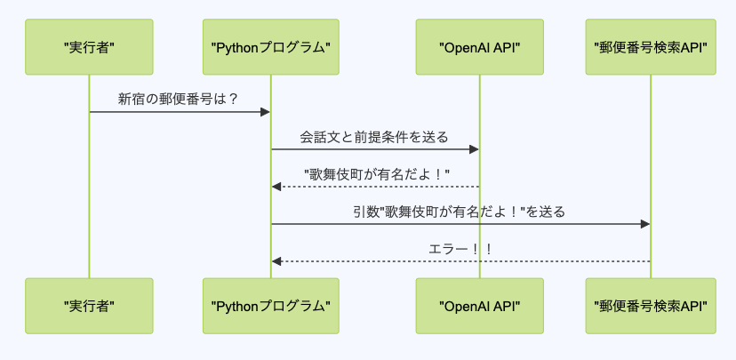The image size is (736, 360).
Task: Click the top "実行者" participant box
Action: tap(89, 46)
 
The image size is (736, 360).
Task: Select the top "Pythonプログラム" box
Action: tap(271, 46)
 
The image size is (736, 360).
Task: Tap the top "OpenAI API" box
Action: tap(480, 46)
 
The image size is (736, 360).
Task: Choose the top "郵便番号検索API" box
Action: tap(650, 46)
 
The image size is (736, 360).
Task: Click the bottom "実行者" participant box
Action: tap(89, 305)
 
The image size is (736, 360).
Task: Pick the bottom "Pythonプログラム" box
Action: tap(271, 305)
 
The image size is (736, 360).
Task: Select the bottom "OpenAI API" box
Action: tap(480, 305)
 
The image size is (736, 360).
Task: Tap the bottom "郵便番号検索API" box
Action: tap(650, 305)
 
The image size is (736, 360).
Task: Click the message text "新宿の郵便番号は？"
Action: tap(179, 99)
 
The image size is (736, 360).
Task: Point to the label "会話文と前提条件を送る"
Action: tap(374, 137)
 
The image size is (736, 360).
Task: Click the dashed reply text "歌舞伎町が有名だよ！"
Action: tap(377, 174)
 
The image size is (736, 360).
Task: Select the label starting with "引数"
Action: tap(460, 212)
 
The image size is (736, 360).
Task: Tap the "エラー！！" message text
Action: tap(460, 249)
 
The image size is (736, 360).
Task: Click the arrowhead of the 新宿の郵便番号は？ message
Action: tap(265, 112)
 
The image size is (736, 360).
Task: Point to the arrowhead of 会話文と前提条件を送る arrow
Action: tap(475, 149)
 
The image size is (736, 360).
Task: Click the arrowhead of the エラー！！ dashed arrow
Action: tap(277, 261)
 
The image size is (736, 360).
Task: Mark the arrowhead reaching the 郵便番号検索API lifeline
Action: tap(644, 224)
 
